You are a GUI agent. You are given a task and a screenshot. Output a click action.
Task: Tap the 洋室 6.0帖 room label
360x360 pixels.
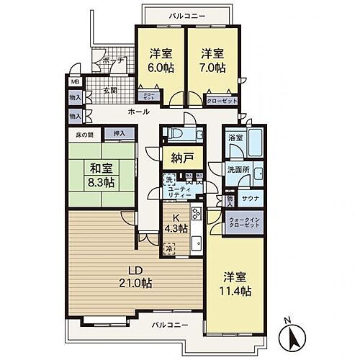coord(159,60)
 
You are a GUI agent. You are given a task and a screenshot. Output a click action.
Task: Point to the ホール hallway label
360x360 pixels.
coord(139,112)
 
